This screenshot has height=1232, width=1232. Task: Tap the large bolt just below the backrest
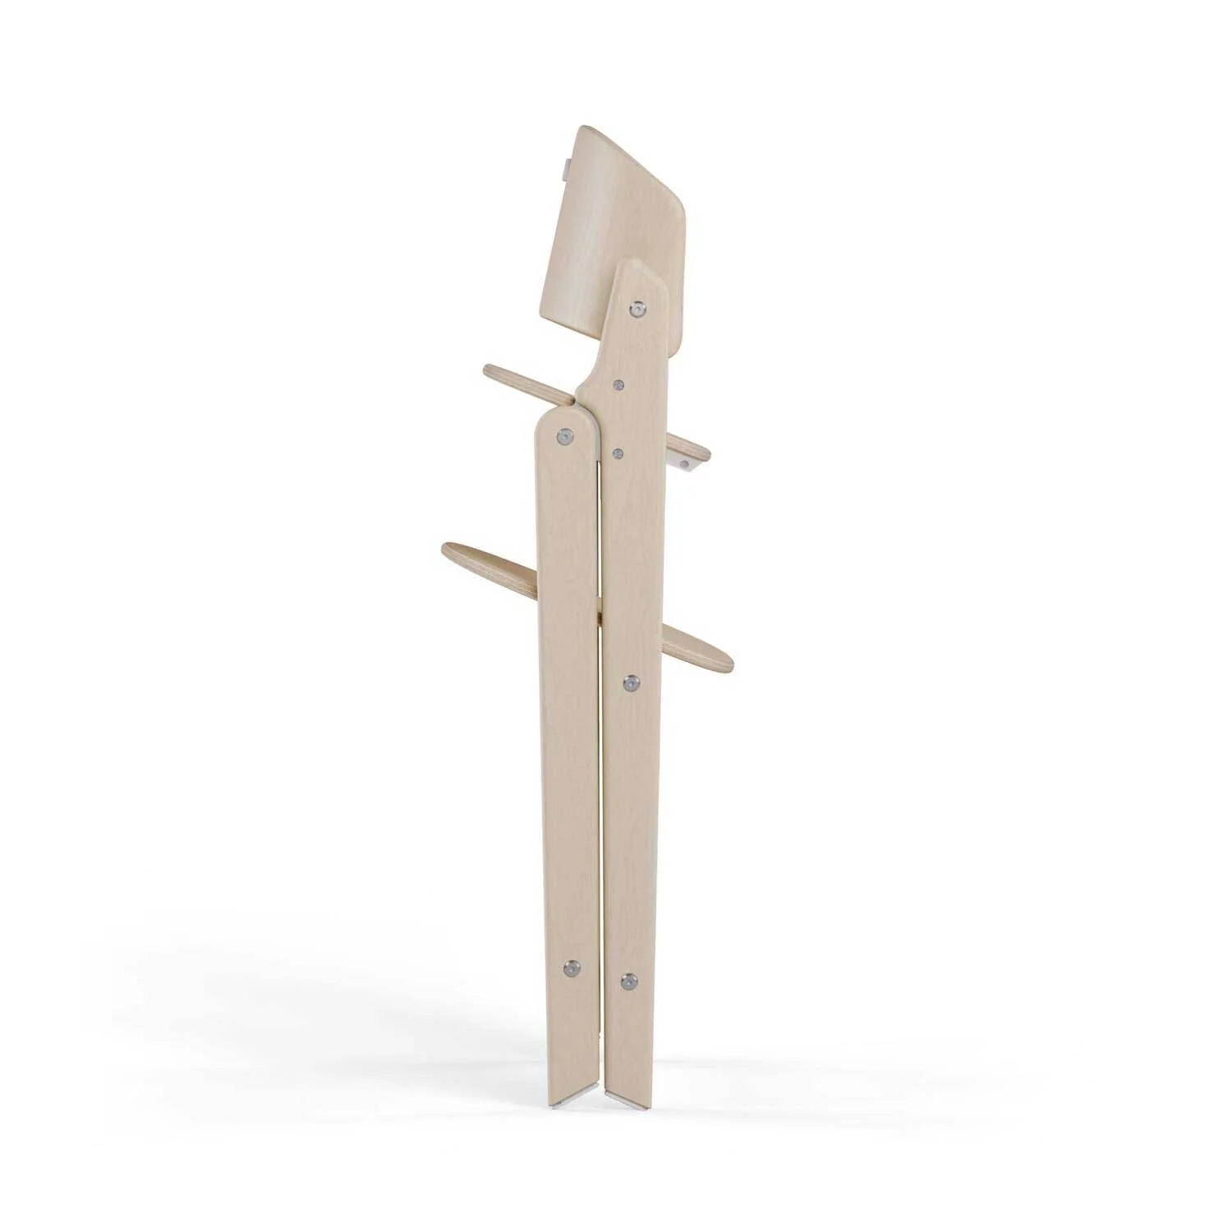(x=637, y=309)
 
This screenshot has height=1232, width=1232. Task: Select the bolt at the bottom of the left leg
(x=572, y=969)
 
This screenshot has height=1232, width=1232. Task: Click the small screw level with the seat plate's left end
(x=618, y=384)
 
